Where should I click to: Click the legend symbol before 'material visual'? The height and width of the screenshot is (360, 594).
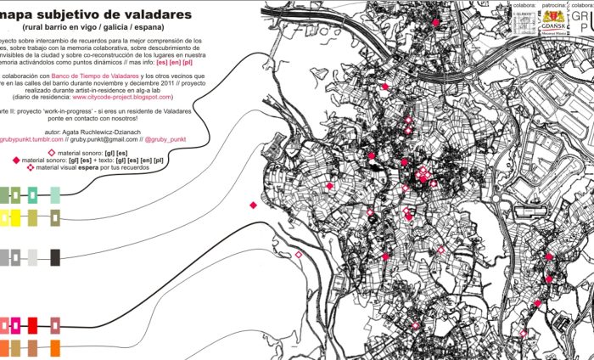(31, 167)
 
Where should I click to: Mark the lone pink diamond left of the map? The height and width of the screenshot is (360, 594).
(253, 205)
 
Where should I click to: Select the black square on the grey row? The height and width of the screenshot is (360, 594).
(55, 257)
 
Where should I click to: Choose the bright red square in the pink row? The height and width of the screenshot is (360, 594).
(33, 325)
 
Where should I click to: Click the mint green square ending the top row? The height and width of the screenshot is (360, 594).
(55, 196)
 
